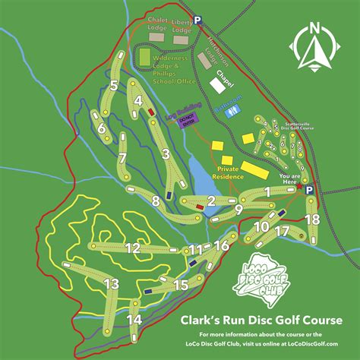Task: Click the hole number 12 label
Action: coord(133,248)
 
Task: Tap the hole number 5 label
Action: coord(112,86)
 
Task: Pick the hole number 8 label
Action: coord(156,201)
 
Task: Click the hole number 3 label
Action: coord(164,154)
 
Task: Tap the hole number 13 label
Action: coord(111,283)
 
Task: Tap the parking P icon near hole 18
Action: coord(309,191)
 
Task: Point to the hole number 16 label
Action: coord(221,245)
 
